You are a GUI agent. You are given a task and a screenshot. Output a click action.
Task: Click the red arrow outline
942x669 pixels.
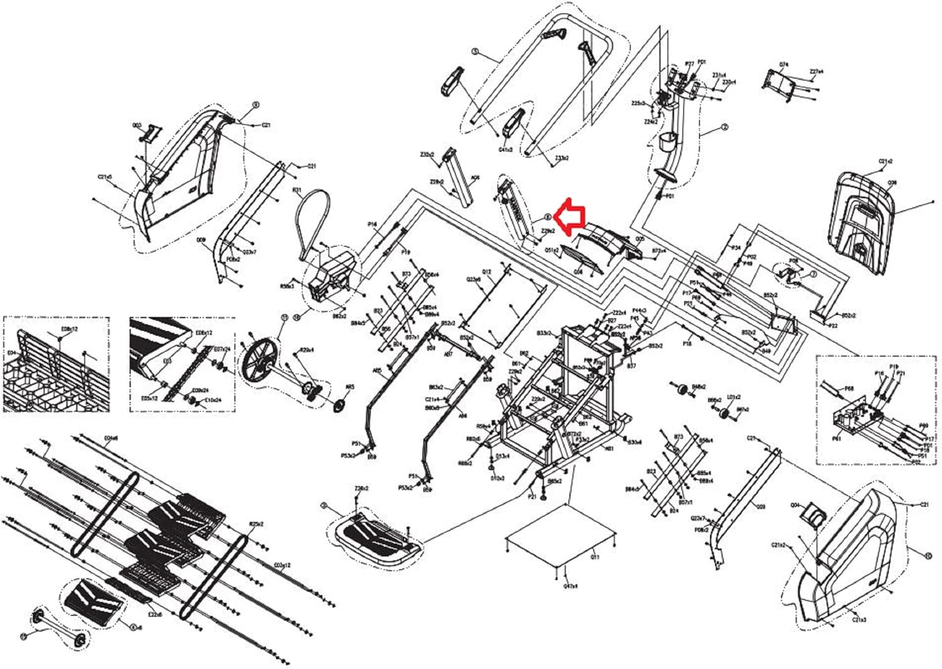click(571, 215)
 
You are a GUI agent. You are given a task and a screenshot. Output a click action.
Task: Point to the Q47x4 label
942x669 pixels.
click(570, 586)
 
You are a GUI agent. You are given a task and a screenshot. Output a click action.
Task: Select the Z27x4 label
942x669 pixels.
click(816, 72)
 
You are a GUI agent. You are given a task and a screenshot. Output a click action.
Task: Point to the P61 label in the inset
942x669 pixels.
click(836, 439)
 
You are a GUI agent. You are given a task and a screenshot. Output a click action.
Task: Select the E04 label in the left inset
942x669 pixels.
click(11, 353)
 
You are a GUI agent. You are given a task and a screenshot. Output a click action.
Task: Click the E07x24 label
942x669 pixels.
click(222, 349)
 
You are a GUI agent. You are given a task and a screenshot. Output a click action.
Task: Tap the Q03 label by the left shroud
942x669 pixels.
click(137, 126)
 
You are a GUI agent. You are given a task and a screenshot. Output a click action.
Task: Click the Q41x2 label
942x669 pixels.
click(506, 150)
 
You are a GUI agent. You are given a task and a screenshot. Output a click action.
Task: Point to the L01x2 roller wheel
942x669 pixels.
click(723, 414)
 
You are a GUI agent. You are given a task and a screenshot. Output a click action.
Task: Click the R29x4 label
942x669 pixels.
click(307, 350)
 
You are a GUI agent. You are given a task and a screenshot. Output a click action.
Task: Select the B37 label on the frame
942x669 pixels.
click(632, 366)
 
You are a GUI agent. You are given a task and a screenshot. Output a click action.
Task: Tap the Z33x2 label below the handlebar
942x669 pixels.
click(561, 158)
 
